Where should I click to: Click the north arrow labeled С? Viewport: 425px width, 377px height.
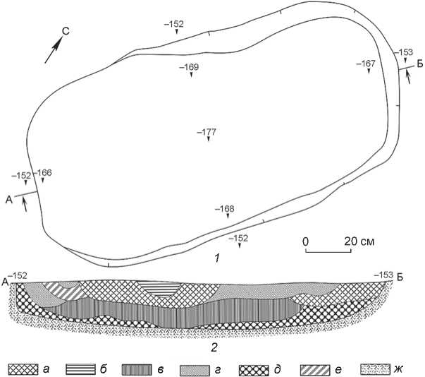click(54, 50)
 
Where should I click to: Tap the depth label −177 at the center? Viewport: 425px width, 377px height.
click(207, 132)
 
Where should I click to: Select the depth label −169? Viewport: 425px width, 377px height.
click(189, 67)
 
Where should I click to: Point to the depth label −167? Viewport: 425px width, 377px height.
click(366, 64)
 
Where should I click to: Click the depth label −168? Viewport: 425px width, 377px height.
click(225, 209)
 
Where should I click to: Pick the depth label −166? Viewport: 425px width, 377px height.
click(42, 172)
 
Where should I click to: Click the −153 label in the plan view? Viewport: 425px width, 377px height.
click(404, 52)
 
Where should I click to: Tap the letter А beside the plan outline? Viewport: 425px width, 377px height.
click(9, 200)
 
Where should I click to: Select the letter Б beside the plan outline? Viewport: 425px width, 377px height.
click(420, 64)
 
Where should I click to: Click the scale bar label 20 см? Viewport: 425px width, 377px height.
click(359, 241)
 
